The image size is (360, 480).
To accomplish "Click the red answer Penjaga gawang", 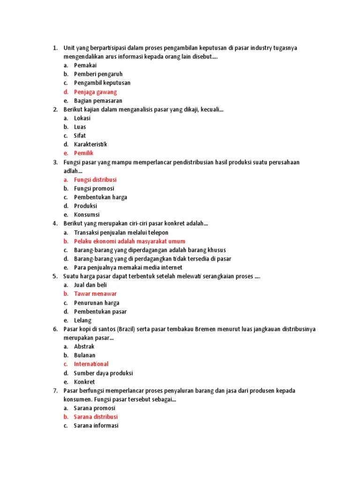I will point(95,92).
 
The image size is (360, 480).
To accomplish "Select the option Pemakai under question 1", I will point(85,66).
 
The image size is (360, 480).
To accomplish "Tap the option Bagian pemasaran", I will point(98,101).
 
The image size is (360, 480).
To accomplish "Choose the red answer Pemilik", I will point(84,153).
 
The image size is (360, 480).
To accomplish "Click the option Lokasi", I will point(82,118).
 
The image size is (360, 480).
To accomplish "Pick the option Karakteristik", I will point(90,144).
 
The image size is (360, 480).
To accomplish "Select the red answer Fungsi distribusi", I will point(95,180).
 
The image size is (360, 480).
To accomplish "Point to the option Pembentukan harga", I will point(100,197).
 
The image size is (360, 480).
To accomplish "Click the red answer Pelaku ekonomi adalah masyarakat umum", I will point(129,241).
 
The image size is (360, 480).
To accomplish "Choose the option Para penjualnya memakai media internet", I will point(128,268).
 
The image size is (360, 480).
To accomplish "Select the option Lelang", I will point(82,320).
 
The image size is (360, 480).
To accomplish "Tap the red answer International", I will point(91,364).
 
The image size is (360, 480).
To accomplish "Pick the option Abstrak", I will point(84,346).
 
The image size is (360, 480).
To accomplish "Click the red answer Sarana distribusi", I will point(96,417).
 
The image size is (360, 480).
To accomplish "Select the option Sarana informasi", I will point(96,426).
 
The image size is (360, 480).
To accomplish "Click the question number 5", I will point(55,277).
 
